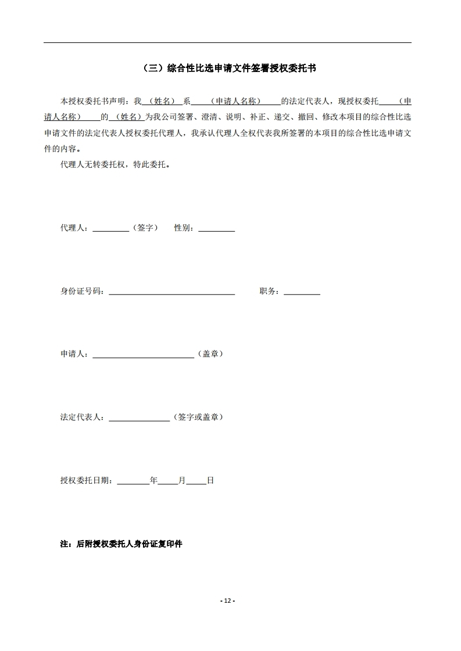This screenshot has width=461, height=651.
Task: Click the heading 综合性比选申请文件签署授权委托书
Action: (230, 69)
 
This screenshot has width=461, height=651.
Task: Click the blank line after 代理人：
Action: (110, 230)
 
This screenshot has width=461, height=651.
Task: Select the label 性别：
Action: (185, 228)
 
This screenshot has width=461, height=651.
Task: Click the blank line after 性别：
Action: (216, 230)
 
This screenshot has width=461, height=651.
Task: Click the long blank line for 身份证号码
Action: (171, 293)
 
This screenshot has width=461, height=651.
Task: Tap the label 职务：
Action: (271, 291)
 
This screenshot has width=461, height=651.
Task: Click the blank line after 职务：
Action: (302, 293)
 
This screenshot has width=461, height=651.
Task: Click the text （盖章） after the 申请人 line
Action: (210, 354)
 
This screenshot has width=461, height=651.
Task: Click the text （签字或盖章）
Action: (198, 417)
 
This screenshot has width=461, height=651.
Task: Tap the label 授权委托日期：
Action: (88, 480)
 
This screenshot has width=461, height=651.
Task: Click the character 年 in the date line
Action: (153, 480)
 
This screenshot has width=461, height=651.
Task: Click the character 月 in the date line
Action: (182, 480)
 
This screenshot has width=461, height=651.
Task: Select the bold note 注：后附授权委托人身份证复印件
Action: (121, 544)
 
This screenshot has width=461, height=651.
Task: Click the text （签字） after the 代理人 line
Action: (145, 228)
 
